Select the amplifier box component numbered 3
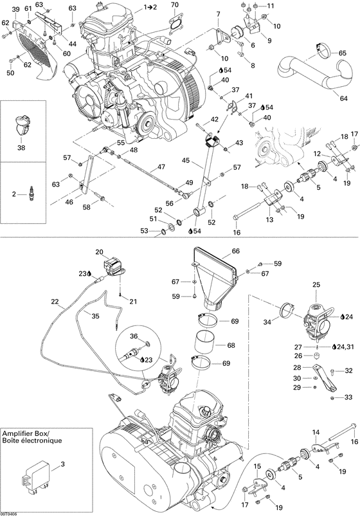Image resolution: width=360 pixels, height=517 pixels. click(35, 478)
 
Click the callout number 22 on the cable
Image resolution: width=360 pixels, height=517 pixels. click(55, 301)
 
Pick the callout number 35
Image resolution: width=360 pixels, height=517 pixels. click(95, 316)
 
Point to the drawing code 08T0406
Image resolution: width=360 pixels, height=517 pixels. click(10, 513)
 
